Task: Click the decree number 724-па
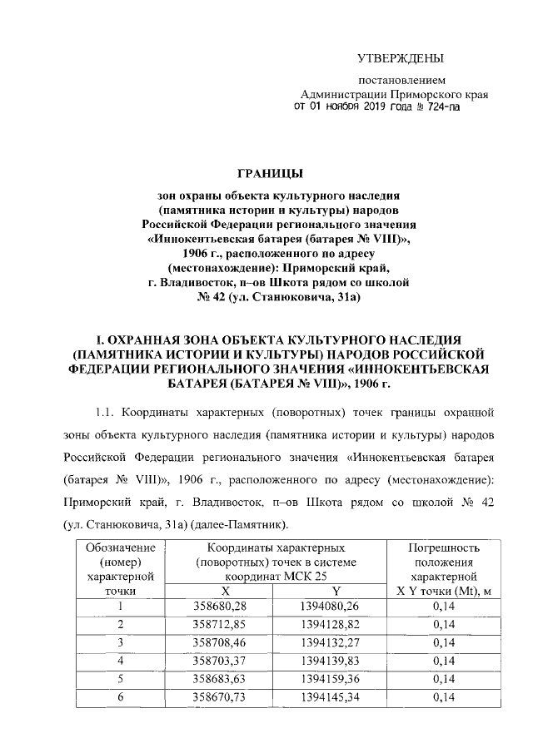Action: (x=441, y=107)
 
